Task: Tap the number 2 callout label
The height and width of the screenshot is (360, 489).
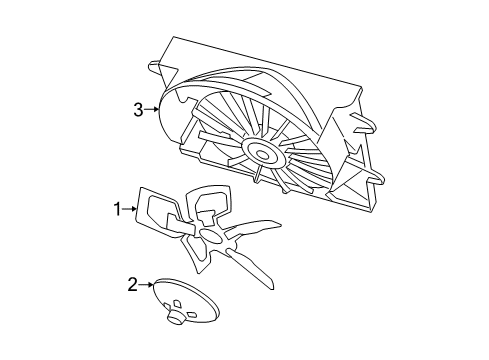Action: (131, 285)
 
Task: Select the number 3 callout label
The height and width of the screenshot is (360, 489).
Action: (139, 110)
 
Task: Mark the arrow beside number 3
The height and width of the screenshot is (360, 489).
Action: (153, 109)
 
